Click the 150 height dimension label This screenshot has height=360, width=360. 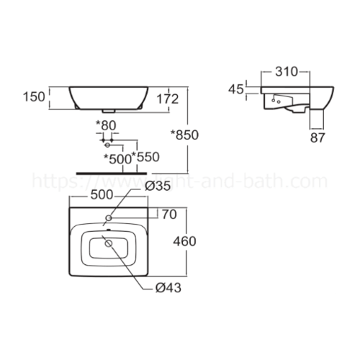coord(36,96)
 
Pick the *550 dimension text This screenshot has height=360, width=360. coord(145,158)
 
